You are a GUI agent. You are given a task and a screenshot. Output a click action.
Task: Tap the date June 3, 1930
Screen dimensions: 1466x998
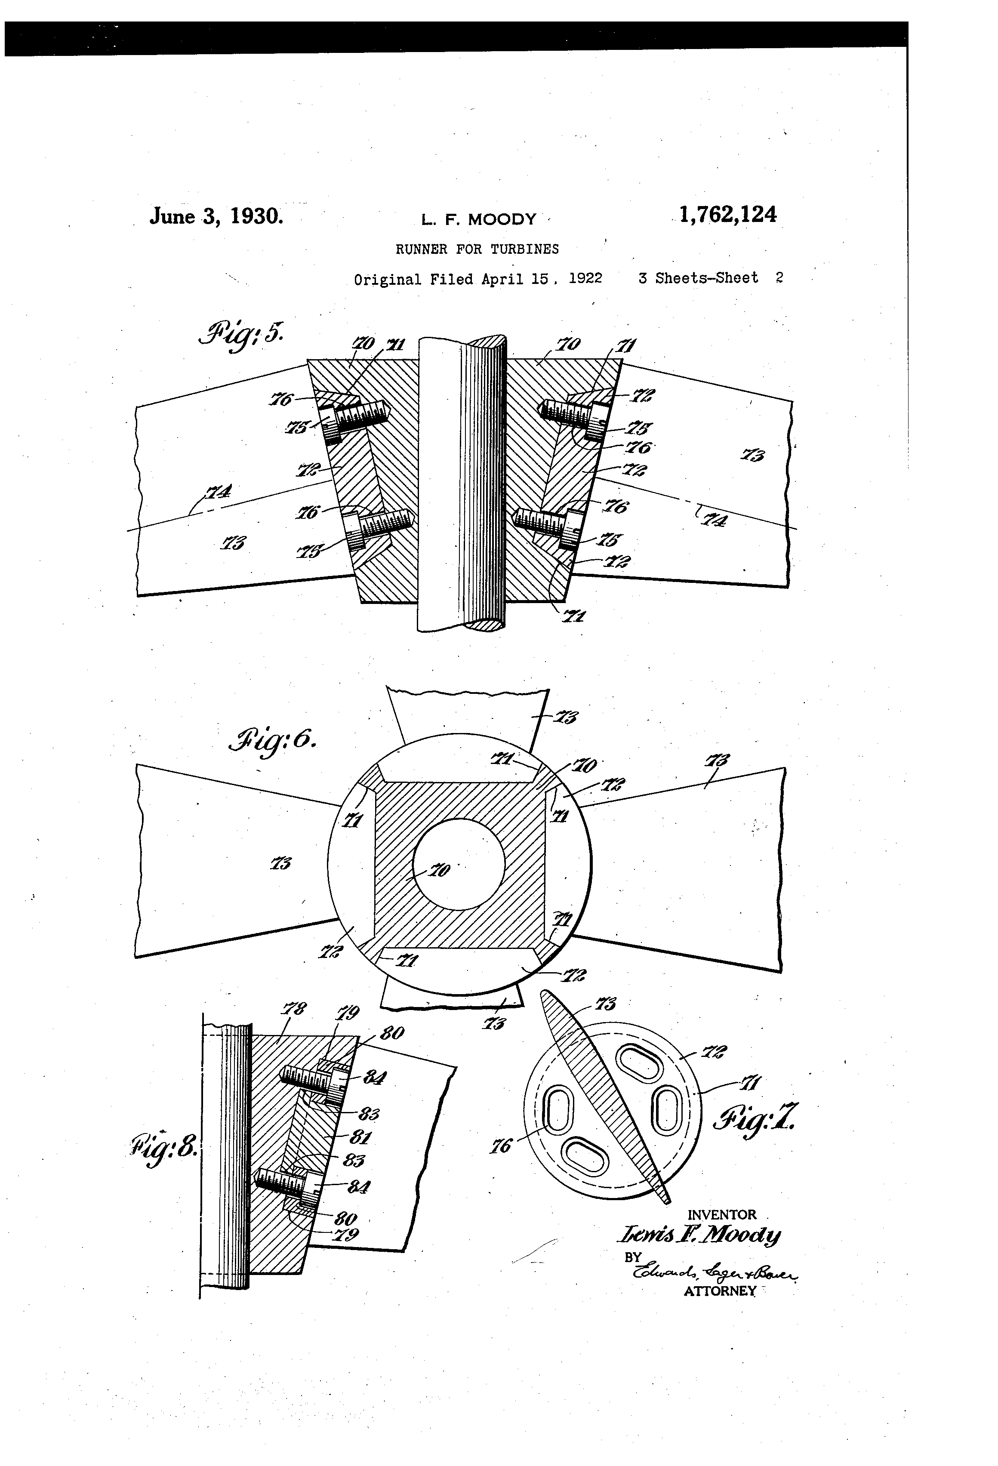tap(216, 216)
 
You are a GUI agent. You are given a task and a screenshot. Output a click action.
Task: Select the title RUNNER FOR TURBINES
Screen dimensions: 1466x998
tap(477, 249)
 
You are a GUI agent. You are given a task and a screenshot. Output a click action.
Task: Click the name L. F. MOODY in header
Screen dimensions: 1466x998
tap(479, 219)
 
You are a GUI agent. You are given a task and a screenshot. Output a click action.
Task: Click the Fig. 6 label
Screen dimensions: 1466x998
tap(273, 742)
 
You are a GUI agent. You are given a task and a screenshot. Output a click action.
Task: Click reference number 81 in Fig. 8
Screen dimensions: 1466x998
tap(360, 1137)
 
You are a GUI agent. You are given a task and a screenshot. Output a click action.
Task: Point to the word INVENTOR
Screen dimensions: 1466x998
tap(721, 1215)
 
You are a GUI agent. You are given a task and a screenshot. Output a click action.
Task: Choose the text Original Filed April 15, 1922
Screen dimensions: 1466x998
tap(477, 279)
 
